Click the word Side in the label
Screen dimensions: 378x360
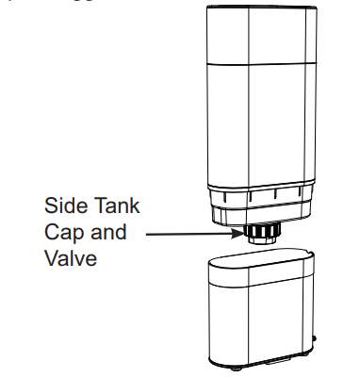pos(63,205)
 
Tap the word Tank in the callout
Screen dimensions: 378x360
pos(118,205)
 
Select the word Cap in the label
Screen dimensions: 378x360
pos(63,231)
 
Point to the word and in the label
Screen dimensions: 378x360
pos(108,231)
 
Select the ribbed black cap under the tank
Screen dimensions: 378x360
pos(259,230)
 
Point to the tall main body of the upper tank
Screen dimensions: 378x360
pos(260,123)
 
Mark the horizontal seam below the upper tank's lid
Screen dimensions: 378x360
pos(260,62)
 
